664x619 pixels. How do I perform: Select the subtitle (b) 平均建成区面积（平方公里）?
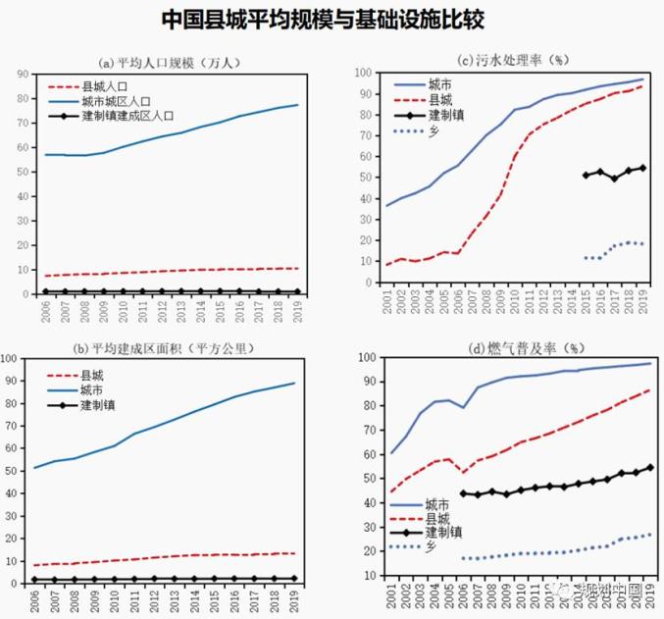[169, 347]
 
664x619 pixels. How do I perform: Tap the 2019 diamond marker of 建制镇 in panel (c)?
[642, 168]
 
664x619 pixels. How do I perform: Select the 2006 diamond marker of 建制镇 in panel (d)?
[463, 493]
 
